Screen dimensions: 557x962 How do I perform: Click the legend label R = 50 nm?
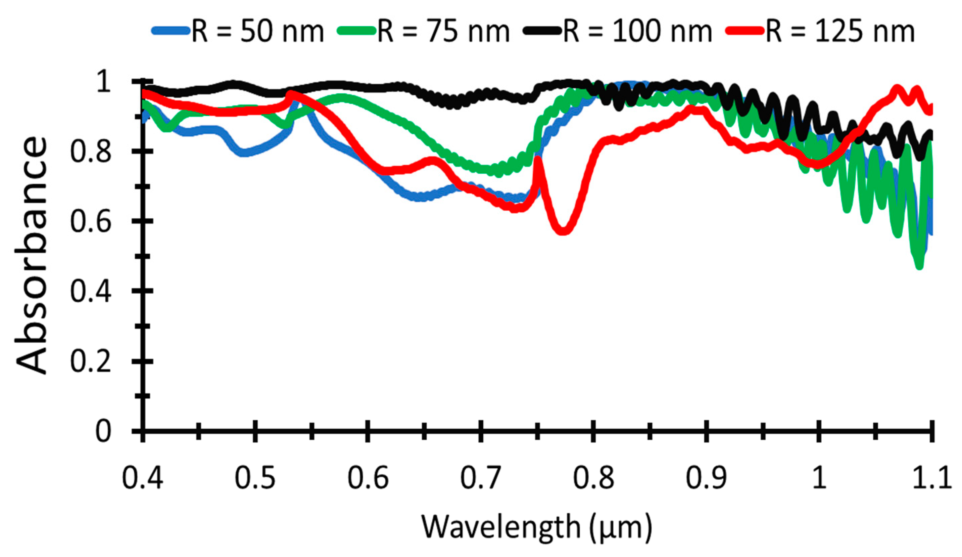258,31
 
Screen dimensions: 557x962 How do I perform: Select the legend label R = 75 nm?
444,31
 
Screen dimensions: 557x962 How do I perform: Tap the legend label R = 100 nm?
637,31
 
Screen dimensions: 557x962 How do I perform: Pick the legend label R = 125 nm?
840,31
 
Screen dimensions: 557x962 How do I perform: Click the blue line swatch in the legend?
171,31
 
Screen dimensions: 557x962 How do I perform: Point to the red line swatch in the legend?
745,31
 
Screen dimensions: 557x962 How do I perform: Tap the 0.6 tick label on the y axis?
91,222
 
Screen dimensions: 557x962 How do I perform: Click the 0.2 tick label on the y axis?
91,361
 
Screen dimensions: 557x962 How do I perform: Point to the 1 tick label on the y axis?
103,81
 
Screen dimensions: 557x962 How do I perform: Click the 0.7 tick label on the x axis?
480,477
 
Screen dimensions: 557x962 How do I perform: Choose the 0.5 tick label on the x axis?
255,477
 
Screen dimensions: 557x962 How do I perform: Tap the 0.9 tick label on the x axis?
706,477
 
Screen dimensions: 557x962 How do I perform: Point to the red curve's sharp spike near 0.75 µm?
537,159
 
